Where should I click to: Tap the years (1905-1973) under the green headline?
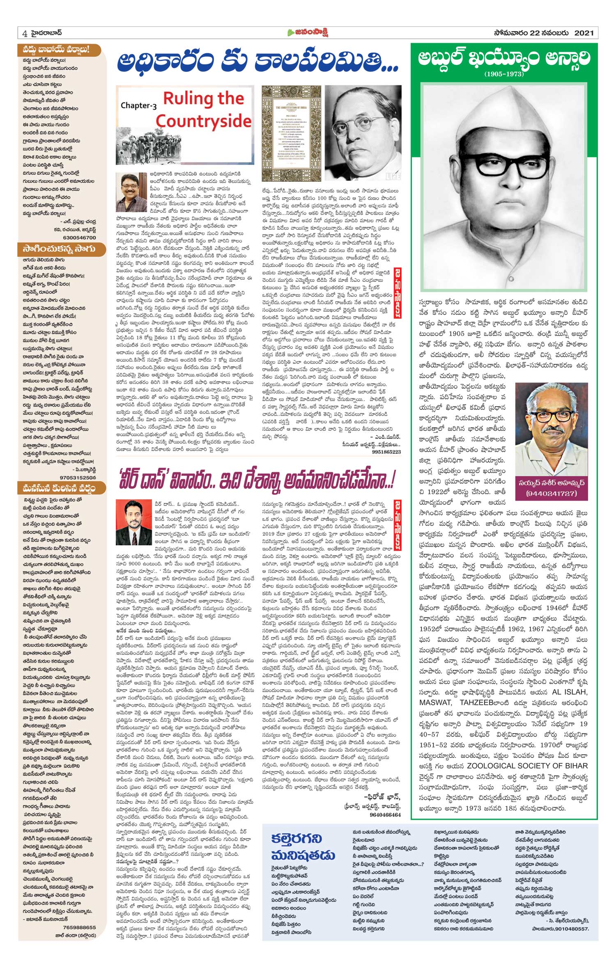coord(504,74)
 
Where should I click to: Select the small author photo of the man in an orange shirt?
coord(128,192)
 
